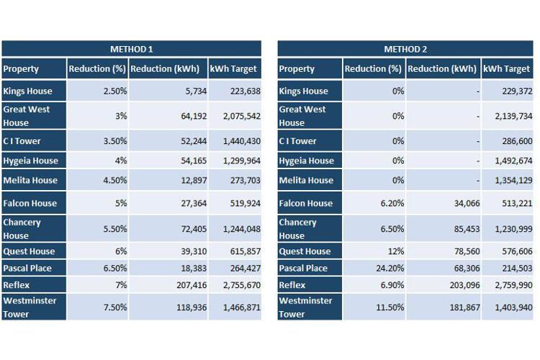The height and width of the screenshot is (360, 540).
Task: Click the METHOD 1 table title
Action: point(131,49)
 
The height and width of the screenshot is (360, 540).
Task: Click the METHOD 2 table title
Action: point(405,49)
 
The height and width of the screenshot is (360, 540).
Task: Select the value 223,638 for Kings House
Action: point(246,91)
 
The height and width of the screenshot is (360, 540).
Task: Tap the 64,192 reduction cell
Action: point(194,116)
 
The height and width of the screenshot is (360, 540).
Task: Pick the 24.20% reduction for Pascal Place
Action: point(390,268)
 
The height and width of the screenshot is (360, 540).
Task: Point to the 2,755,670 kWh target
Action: point(241,285)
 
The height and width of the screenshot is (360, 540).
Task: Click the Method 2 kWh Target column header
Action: point(507,69)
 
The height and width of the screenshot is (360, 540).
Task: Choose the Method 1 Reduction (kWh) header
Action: point(165,69)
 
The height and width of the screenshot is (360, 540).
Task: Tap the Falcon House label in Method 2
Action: point(306,203)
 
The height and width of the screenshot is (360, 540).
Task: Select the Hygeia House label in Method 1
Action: point(30,161)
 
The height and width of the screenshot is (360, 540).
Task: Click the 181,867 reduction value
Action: point(464,307)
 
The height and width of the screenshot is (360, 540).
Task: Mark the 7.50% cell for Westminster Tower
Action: point(115,307)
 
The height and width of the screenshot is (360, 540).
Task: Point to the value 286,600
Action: point(517,141)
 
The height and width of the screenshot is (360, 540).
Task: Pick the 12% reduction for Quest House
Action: point(396,251)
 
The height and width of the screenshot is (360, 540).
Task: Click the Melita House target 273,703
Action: point(246,181)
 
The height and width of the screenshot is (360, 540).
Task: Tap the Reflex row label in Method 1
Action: point(16,285)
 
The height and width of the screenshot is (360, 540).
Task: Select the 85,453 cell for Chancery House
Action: point(467,229)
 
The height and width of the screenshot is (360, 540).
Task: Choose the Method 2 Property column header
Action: point(297,69)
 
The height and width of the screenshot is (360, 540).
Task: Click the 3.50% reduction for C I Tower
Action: point(115,141)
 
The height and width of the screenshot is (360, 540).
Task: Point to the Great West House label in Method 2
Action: point(302,116)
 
